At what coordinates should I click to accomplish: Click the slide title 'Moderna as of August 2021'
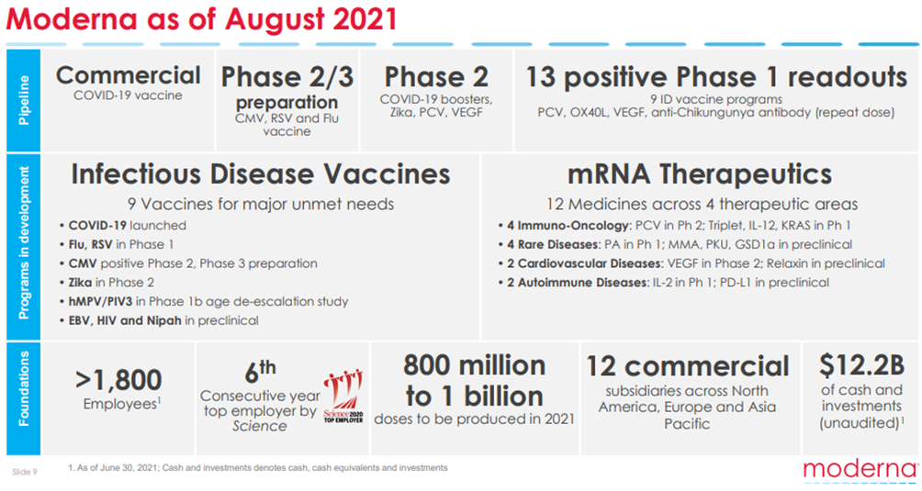click(201, 18)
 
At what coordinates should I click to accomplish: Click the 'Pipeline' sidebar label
click(24, 100)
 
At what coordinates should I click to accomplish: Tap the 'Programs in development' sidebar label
click(24, 243)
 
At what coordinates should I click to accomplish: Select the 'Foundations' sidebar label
click(24, 388)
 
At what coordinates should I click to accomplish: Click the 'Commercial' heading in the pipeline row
click(129, 75)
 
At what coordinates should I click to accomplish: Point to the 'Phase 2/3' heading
click(287, 77)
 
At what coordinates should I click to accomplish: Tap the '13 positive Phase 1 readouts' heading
click(716, 77)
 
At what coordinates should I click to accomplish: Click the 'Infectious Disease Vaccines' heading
click(261, 173)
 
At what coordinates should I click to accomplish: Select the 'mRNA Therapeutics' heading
click(700, 173)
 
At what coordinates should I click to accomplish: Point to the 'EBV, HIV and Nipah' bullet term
click(125, 320)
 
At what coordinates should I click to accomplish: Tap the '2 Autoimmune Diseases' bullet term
click(578, 283)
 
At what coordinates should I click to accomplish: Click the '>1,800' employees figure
click(118, 380)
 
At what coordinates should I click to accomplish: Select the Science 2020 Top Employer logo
click(343, 396)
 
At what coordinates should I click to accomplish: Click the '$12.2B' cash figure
click(861, 365)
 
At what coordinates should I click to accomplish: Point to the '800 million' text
click(475, 365)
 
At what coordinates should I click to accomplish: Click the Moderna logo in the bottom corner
click(860, 470)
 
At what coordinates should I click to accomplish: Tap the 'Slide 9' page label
click(25, 473)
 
